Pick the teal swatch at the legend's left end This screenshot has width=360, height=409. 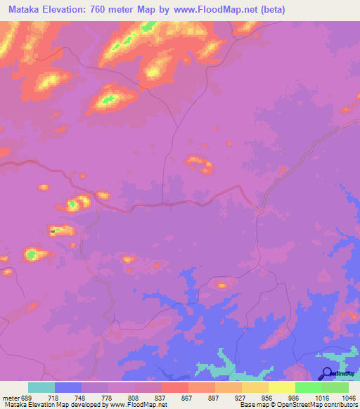[41, 387]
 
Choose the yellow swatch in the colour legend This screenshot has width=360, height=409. [282, 387]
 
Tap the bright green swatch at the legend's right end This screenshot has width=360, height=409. [335, 387]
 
